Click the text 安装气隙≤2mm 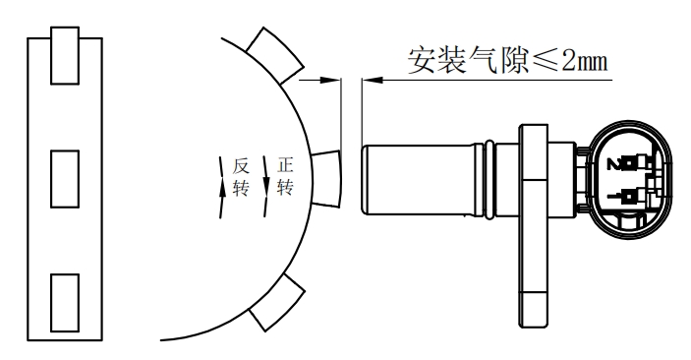click(508, 61)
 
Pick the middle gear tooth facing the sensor click(323, 178)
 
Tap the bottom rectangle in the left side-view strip click(64, 304)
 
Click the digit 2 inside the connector click(615, 163)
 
